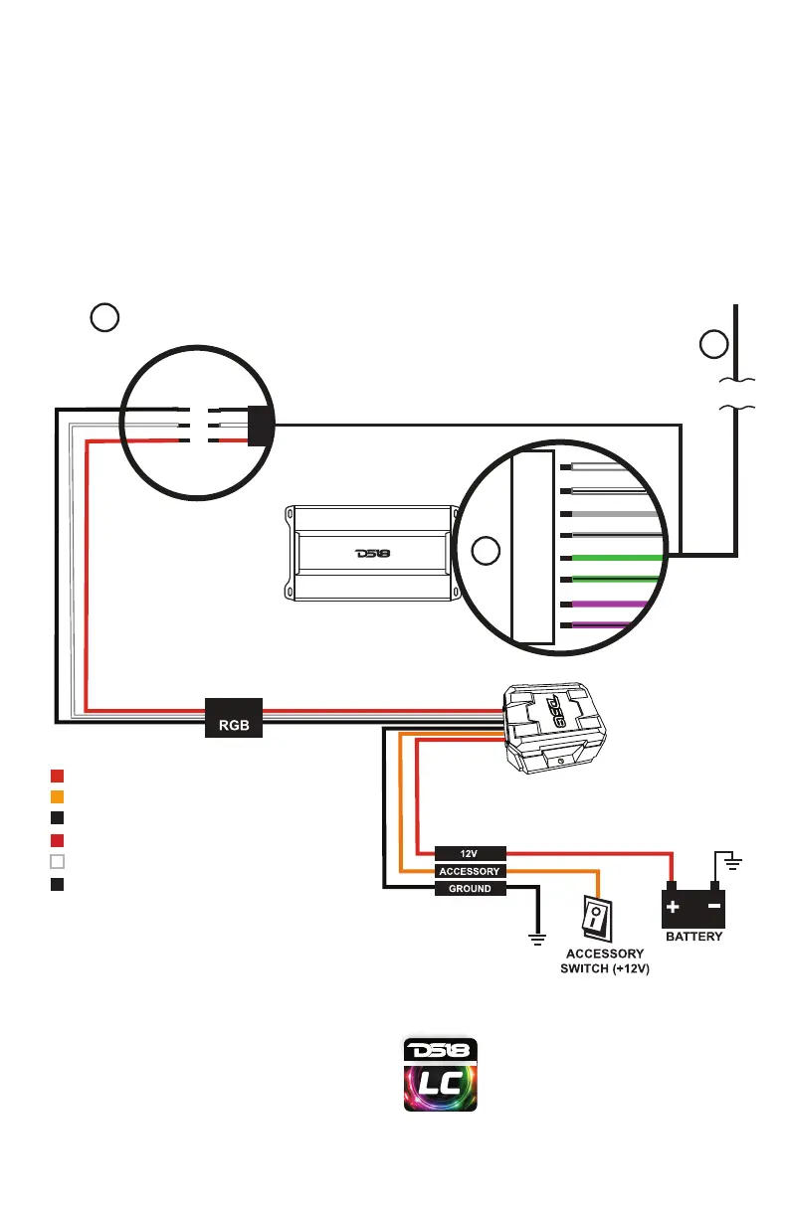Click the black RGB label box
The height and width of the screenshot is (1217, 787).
pyautogui.click(x=234, y=716)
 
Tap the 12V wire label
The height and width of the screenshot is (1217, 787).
pyautogui.click(x=471, y=853)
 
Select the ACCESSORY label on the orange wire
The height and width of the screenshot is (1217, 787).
pyautogui.click(x=471, y=871)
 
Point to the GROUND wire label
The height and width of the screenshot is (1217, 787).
pyautogui.click(x=471, y=889)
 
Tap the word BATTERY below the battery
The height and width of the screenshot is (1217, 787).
pyautogui.click(x=693, y=937)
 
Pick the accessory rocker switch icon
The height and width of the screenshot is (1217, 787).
pyautogui.click(x=596, y=918)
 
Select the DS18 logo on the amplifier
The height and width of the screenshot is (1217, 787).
pyautogui.click(x=373, y=554)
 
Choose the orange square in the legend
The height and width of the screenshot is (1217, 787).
pyautogui.click(x=58, y=796)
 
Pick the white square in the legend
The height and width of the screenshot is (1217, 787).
pyautogui.click(x=58, y=862)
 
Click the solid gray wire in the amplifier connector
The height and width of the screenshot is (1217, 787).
pyautogui.click(x=607, y=514)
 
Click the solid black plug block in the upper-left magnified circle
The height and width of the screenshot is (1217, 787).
pyautogui.click(x=260, y=426)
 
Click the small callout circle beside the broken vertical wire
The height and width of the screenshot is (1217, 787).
pyautogui.click(x=712, y=345)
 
